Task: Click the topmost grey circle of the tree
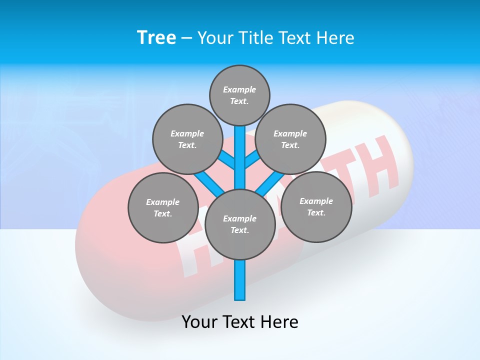coord(239,95)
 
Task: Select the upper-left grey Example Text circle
coord(187,139)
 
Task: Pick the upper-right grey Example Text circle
coord(290,139)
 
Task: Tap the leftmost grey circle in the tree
coord(163,207)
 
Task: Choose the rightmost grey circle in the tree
coord(316,206)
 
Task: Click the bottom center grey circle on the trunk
coord(240,224)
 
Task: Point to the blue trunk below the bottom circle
coord(240,280)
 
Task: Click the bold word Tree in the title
coord(156,37)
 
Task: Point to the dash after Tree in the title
coord(186,38)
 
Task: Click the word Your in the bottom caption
coord(199,322)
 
